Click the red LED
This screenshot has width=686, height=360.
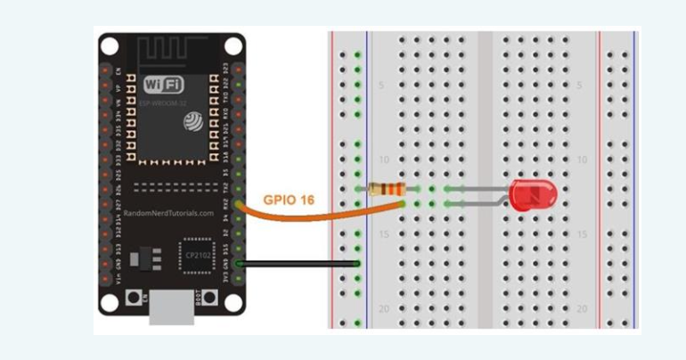(x=532, y=194)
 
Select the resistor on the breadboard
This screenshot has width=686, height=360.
(x=387, y=188)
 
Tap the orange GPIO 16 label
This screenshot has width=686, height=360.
(x=288, y=200)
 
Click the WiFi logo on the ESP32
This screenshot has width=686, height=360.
(x=164, y=85)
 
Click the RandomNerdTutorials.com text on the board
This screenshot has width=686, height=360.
(x=168, y=213)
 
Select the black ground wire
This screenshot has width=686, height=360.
(x=299, y=264)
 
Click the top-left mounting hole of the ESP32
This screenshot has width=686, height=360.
(x=109, y=46)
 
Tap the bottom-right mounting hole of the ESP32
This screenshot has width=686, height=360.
(x=233, y=301)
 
